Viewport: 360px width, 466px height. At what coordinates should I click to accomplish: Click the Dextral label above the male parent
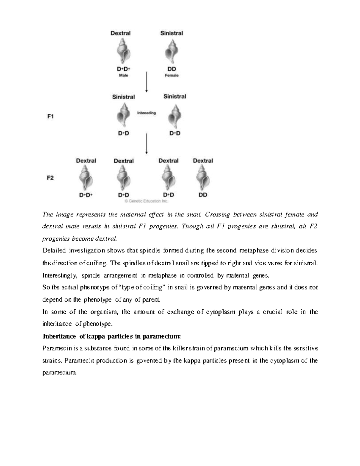[x=120, y=33]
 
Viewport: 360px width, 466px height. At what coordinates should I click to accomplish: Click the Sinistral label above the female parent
[x=172, y=33]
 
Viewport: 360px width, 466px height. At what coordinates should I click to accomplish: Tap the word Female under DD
[x=172, y=75]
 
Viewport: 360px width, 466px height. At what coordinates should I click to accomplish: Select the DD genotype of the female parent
[x=172, y=69]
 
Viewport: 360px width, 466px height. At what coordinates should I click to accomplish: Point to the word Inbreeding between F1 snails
[x=146, y=113]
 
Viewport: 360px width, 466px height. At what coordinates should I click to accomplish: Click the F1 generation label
[x=50, y=116]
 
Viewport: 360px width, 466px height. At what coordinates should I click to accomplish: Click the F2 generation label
[x=50, y=178]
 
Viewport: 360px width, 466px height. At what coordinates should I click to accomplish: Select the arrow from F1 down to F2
[x=146, y=144]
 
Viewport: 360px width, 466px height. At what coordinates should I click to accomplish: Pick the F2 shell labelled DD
[x=203, y=178]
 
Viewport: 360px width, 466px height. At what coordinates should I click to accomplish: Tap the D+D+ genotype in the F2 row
[x=86, y=195]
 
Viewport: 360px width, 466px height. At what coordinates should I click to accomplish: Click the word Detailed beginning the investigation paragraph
[x=54, y=251]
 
